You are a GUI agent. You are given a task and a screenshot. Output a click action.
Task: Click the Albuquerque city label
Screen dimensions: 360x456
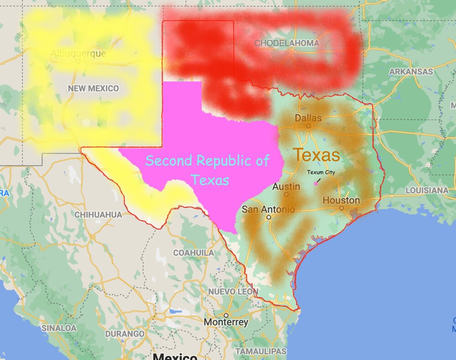coord(78,54)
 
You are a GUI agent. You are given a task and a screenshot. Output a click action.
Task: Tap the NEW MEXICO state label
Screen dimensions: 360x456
coord(93,88)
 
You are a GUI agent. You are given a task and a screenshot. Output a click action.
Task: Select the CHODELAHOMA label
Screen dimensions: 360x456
coord(287,43)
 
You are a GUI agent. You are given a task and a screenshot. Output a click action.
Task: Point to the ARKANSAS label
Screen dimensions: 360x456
coord(411,72)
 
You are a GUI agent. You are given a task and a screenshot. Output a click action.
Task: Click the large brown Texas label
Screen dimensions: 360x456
coord(316,155)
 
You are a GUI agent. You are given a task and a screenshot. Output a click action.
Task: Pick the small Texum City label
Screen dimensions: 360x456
coord(321,172)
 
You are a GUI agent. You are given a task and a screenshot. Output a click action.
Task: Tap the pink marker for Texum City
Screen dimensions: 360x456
coord(316,184)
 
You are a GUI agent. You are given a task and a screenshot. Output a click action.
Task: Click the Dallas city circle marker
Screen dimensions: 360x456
coord(308,126)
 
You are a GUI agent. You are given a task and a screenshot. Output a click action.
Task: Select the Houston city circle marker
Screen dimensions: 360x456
coord(342,208)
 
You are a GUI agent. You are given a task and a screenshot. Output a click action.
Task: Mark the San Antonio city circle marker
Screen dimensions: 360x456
coord(269,217)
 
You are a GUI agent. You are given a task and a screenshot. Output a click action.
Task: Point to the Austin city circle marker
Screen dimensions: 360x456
coord(286,194)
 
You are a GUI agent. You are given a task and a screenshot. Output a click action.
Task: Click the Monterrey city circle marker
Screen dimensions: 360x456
coord(226,315)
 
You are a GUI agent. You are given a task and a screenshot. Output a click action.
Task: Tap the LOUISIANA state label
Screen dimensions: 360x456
coord(427,190)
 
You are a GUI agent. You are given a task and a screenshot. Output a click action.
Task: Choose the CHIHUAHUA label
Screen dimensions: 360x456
coord(98,214)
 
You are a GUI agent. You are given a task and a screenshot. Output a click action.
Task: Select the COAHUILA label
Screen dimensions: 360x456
coord(193,252)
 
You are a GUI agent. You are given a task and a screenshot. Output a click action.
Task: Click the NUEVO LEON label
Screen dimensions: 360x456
coord(233,291)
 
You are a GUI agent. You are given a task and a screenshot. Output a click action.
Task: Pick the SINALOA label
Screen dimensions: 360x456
coord(59,328)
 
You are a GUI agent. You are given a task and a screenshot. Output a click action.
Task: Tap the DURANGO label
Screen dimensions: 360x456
coord(124,334)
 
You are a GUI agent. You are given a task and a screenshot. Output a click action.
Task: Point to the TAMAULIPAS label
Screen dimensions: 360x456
coord(261,351)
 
